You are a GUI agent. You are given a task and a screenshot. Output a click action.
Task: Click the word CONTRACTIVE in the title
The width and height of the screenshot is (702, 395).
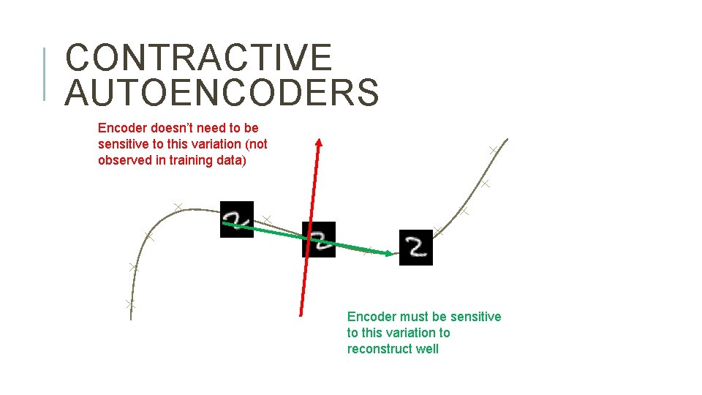[198, 59]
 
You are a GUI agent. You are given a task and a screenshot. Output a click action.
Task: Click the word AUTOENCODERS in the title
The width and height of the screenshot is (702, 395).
[222, 93]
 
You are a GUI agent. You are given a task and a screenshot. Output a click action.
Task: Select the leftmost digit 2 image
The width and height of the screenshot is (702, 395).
[237, 219]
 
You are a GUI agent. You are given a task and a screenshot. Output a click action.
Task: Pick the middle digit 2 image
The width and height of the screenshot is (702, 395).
[319, 239]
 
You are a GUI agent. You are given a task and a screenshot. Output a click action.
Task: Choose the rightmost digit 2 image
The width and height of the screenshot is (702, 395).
[416, 247]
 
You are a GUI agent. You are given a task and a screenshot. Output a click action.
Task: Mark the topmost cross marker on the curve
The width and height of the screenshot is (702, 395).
[494, 150]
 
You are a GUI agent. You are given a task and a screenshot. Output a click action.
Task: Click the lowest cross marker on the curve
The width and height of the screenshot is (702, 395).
[130, 303]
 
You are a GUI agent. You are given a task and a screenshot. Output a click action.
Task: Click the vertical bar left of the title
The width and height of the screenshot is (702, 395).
[45, 73]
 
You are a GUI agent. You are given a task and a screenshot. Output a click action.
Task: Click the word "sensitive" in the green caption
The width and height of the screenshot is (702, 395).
[476, 317]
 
